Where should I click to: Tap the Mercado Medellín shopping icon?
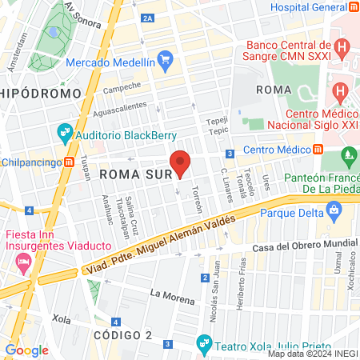coord(166,58)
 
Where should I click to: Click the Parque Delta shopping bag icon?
coord(334,212)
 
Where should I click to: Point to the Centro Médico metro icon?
coord(318,149)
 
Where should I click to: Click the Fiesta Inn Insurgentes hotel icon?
coord(23,261)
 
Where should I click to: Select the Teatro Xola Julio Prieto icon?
coord(203,344)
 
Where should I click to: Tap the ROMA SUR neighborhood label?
coord(130,172)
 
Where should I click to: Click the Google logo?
coord(26,350)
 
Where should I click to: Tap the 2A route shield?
coord(146,17)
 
